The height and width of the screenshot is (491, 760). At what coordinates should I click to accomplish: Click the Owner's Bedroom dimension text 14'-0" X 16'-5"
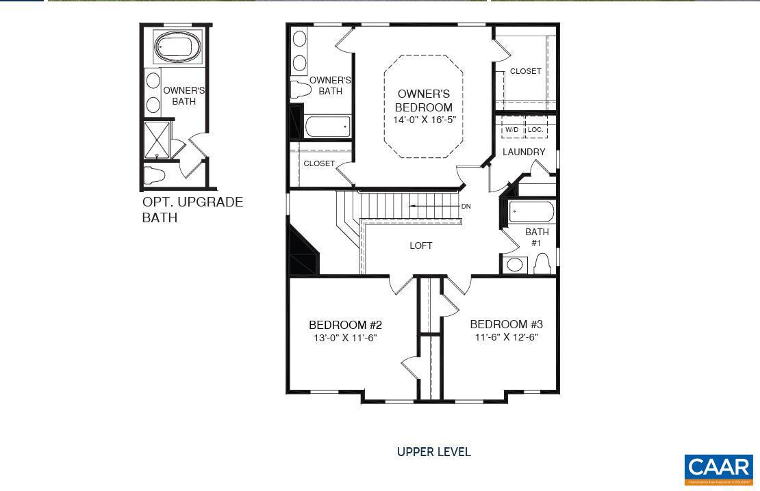tap(424, 120)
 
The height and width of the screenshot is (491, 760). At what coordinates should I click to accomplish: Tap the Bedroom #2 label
tap(345, 325)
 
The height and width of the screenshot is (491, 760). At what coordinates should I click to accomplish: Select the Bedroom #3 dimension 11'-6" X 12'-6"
tap(506, 337)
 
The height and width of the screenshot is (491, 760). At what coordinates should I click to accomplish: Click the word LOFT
tap(421, 245)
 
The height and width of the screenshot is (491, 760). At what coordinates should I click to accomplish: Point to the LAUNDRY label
tap(524, 152)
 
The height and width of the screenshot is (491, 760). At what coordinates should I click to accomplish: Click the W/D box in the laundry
tap(512, 129)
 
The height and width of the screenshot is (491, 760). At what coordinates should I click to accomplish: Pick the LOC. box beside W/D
tap(535, 129)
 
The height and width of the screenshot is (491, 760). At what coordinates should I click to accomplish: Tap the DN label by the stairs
tap(466, 207)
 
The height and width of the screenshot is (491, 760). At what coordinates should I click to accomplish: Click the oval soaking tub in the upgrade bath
tap(177, 48)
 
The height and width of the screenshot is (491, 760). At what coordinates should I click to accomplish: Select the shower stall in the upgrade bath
tap(156, 141)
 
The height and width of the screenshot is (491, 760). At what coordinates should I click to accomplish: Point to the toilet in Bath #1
tap(542, 263)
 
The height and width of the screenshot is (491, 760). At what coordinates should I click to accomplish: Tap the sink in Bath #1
tap(515, 264)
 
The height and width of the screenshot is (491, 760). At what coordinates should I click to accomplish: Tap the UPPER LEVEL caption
tap(434, 452)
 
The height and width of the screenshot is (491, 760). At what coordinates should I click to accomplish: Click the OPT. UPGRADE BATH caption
tap(192, 210)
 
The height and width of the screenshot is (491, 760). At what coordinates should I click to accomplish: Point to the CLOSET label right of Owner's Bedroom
tap(525, 71)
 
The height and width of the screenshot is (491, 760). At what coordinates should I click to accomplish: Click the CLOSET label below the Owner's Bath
tap(319, 163)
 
